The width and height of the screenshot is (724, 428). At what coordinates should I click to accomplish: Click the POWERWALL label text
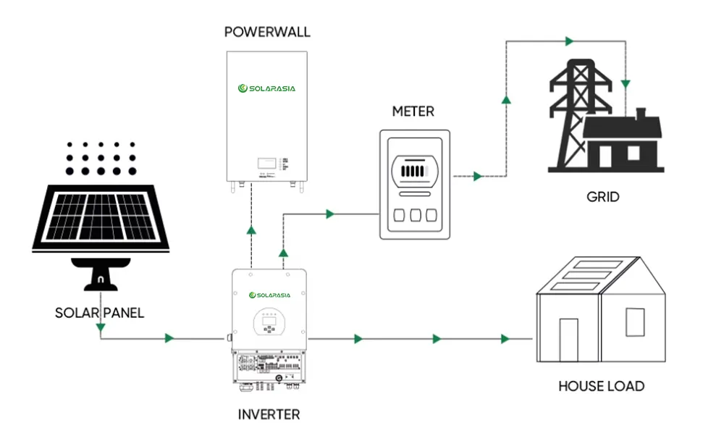click(267, 31)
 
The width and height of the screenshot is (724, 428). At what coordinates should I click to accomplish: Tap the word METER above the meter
click(413, 112)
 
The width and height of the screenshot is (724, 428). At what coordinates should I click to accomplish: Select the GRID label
click(603, 196)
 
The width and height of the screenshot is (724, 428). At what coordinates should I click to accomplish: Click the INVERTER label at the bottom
click(269, 415)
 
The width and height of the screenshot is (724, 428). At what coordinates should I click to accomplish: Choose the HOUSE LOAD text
click(601, 386)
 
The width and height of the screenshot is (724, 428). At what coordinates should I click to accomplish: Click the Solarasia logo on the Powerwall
click(267, 88)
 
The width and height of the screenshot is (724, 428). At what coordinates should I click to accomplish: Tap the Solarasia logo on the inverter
click(269, 295)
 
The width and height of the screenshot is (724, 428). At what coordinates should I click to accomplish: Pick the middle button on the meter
click(415, 216)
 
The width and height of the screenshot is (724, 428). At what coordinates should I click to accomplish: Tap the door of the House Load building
click(568, 339)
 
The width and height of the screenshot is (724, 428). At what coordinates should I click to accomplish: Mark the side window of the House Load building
click(634, 321)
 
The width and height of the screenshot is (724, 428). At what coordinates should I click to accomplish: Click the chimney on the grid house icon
click(640, 114)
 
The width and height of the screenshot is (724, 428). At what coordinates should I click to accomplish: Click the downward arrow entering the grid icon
click(626, 84)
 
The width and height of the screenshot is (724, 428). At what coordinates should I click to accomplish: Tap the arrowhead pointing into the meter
click(330, 214)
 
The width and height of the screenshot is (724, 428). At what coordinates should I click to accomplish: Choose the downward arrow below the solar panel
click(100, 329)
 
